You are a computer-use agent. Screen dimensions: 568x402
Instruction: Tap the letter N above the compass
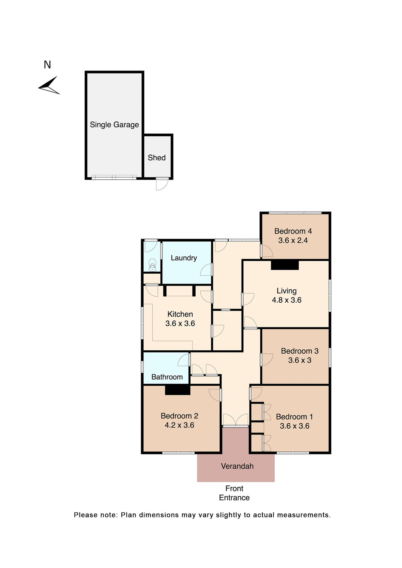(47, 65)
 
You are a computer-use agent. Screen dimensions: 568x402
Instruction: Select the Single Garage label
(114, 125)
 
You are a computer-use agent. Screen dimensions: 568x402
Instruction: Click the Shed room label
(157, 158)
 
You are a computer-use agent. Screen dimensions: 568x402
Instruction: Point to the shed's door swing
(162, 184)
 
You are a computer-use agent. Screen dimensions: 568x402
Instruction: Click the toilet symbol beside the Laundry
(152, 265)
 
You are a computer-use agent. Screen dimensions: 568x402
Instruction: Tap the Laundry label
(184, 258)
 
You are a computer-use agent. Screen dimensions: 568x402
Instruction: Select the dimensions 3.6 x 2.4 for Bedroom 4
(293, 241)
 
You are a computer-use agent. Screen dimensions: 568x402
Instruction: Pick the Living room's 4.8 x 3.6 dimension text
(287, 300)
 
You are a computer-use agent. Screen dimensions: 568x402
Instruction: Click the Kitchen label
(180, 314)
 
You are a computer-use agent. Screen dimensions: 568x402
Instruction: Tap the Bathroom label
(167, 377)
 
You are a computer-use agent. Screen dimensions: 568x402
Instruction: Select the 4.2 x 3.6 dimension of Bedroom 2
(179, 425)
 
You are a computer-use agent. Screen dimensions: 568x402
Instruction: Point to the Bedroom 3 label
(300, 351)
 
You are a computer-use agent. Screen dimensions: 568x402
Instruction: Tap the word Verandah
(237, 466)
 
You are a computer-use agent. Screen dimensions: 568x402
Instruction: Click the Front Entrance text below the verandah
(234, 493)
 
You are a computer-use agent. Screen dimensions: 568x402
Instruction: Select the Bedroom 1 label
(294, 417)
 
